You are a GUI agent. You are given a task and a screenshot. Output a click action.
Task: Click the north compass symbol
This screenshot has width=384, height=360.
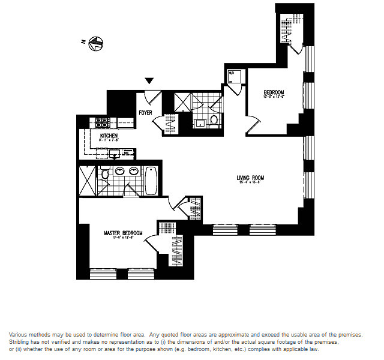tap(94, 43)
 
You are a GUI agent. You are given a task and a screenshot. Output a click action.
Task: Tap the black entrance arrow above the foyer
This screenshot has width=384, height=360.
tap(149, 81)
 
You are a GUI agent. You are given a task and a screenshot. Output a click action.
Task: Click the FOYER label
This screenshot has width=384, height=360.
tap(146, 112)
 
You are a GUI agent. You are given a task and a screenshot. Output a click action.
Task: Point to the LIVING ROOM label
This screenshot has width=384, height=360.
tap(250, 178)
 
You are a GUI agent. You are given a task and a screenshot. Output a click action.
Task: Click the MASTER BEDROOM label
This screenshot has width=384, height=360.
tap(123, 233)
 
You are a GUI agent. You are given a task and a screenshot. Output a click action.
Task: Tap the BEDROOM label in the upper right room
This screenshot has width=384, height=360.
tap(274, 92)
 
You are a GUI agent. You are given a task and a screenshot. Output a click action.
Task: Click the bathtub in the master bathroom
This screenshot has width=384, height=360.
tap(151, 179)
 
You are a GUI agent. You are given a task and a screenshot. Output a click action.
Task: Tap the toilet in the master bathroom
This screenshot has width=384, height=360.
tap(105, 175)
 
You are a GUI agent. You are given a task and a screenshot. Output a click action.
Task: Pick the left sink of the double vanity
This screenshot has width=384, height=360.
tap(119, 172)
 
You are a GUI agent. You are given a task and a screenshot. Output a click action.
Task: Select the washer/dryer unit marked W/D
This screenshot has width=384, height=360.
tap(234, 76)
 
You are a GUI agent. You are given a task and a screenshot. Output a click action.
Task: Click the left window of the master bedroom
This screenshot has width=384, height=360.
tap(102, 274)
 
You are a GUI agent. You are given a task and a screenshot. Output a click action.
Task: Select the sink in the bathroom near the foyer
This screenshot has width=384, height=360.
tap(199, 124)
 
